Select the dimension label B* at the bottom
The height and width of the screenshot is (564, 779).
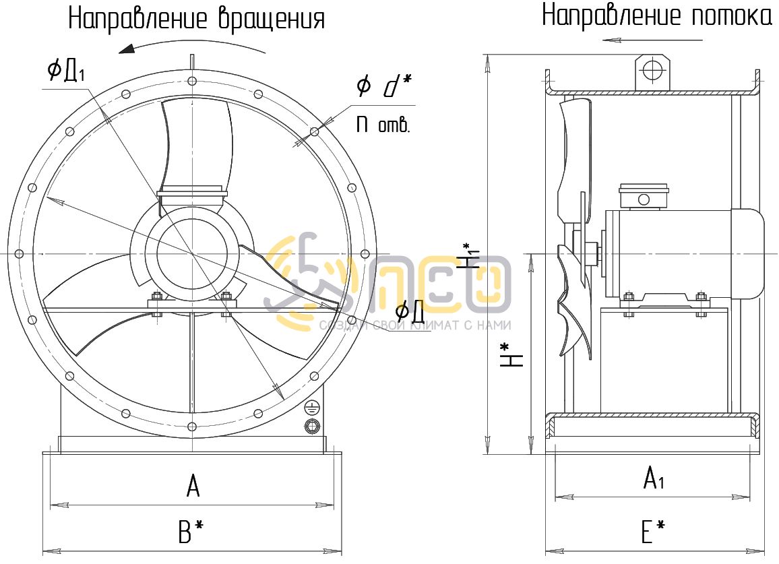click(x=191, y=532)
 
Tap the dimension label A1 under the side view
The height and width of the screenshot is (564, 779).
click(x=654, y=478)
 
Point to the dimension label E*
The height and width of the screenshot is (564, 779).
click(x=652, y=532)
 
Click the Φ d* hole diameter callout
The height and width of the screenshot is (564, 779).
click(x=383, y=86)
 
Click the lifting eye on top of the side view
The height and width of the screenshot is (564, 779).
click(x=652, y=69)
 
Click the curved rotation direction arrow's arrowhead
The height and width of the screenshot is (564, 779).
click(x=125, y=49)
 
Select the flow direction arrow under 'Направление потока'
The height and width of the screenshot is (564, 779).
click(x=612, y=40)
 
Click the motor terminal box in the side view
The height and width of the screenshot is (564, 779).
click(x=644, y=197)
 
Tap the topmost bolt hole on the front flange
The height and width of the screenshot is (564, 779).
click(x=192, y=82)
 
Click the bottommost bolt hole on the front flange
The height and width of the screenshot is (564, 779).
click(x=192, y=426)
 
